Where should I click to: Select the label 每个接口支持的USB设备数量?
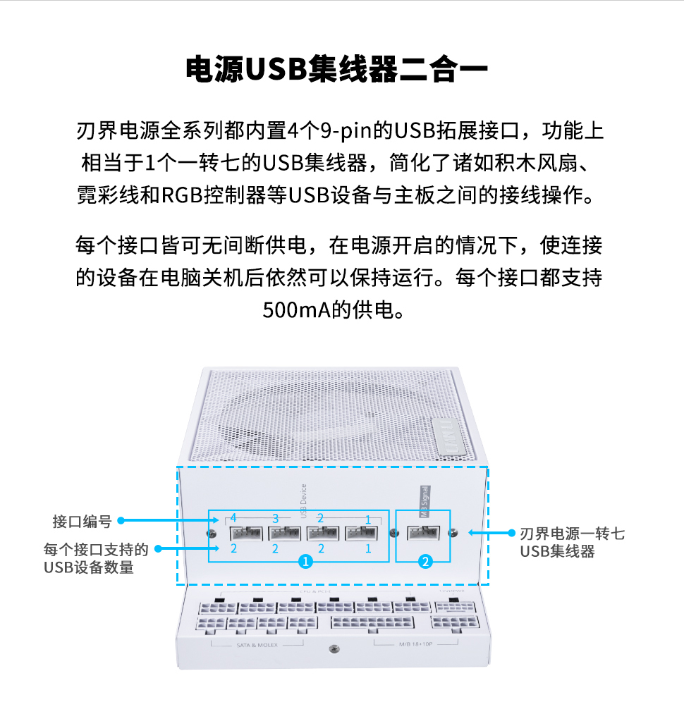point(96,558)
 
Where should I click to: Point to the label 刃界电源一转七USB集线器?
point(571,542)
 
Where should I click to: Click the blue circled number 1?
point(305,562)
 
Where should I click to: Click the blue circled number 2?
point(425,562)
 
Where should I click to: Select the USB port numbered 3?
point(285,533)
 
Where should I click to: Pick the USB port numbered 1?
point(362,533)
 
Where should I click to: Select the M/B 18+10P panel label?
point(416,644)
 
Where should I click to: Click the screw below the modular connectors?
point(334,647)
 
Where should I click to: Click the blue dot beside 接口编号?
point(121,521)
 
